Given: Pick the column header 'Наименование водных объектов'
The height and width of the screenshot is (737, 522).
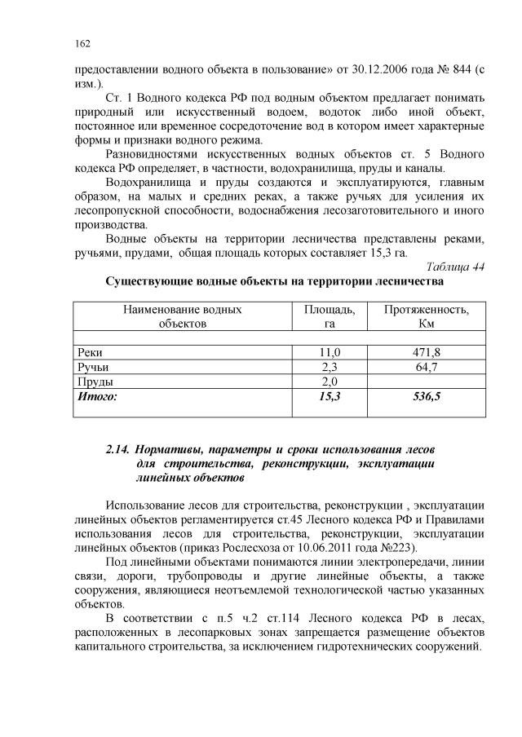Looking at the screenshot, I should click(183, 316).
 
